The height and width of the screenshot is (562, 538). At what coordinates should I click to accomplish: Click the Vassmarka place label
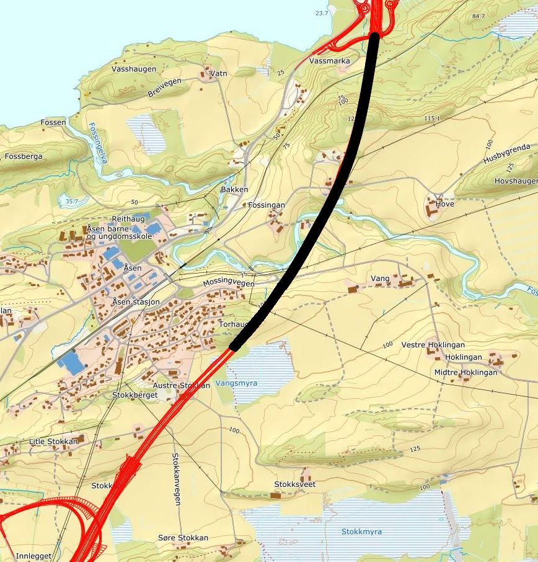329,61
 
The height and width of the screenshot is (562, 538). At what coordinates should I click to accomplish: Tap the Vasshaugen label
134,69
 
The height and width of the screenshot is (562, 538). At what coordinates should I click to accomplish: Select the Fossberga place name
24,156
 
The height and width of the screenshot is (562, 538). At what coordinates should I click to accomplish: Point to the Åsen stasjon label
136,301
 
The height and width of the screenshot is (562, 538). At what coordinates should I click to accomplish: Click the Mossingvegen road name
229,282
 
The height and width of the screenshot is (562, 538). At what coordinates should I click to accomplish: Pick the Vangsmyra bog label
236,383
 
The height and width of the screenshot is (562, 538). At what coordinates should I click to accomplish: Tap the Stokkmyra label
361,532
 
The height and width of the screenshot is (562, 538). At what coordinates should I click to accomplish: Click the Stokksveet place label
295,484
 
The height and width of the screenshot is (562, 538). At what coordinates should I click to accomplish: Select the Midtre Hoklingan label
465,372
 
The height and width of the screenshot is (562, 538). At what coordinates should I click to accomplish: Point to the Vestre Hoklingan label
433,345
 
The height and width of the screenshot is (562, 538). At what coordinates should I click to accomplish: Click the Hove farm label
445,204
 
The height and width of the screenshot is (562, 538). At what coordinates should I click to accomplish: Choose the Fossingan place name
267,205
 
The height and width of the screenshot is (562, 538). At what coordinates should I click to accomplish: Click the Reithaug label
128,220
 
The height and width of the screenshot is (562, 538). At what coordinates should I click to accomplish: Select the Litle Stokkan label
53,442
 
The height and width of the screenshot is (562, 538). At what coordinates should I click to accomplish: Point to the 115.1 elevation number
432,118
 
